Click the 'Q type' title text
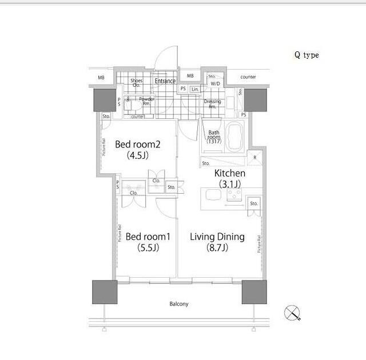click(x=307, y=55)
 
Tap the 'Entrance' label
click(x=165, y=81)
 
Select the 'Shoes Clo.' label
click(x=136, y=83)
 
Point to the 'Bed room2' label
click(x=137, y=144)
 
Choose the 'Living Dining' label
click(x=217, y=237)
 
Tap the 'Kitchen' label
click(x=230, y=173)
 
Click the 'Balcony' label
click(x=178, y=304)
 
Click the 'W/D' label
click(x=215, y=84)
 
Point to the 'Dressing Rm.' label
click(x=212, y=103)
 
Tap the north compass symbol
click(x=292, y=313)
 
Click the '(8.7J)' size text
click(x=217, y=248)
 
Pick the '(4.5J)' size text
click(x=137, y=155)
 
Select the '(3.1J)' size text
click(x=230, y=184)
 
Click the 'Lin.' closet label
click(x=196, y=89)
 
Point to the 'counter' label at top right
click(x=248, y=77)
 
